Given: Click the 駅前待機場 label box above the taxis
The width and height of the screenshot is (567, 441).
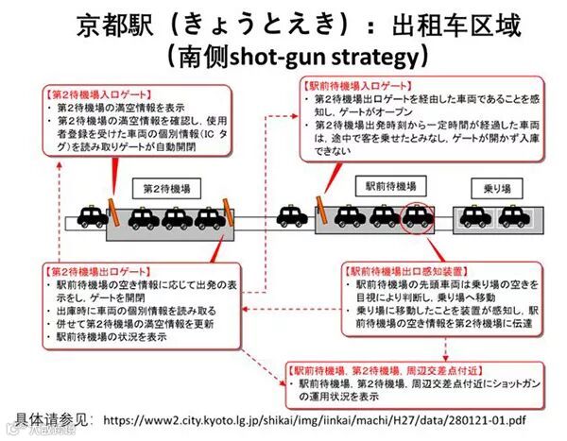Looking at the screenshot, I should [387, 187].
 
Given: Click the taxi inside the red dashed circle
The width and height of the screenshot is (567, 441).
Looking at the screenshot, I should [416, 218].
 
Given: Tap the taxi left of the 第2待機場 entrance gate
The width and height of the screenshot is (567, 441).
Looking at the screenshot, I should [92, 218].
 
